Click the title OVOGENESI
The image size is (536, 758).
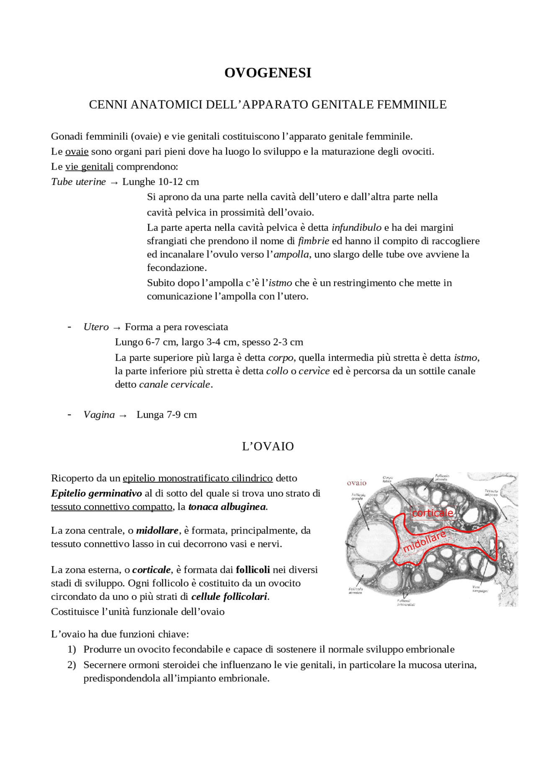pos(268,73)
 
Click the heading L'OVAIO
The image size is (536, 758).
pos(268,446)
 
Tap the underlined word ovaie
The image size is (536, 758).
pos(77,152)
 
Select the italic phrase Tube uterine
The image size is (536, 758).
pos(78,182)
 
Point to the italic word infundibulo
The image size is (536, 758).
pos(356,227)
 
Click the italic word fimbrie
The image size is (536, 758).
pos(313,241)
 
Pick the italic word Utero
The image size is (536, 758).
pos(96,327)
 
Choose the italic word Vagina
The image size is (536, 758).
pos(99,414)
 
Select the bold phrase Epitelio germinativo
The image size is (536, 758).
pos(96,493)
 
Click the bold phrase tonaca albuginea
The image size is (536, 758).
pos(227,506)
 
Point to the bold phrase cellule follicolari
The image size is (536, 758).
pos(229,596)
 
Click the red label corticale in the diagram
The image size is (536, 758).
pos(432,513)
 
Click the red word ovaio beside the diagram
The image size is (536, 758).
pos(356,483)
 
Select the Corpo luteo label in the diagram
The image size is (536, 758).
pos(387,479)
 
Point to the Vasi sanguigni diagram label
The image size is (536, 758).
pos(480,589)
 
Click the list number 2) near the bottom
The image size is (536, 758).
pos(72,665)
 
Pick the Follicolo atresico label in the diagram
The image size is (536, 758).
pos(356,591)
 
